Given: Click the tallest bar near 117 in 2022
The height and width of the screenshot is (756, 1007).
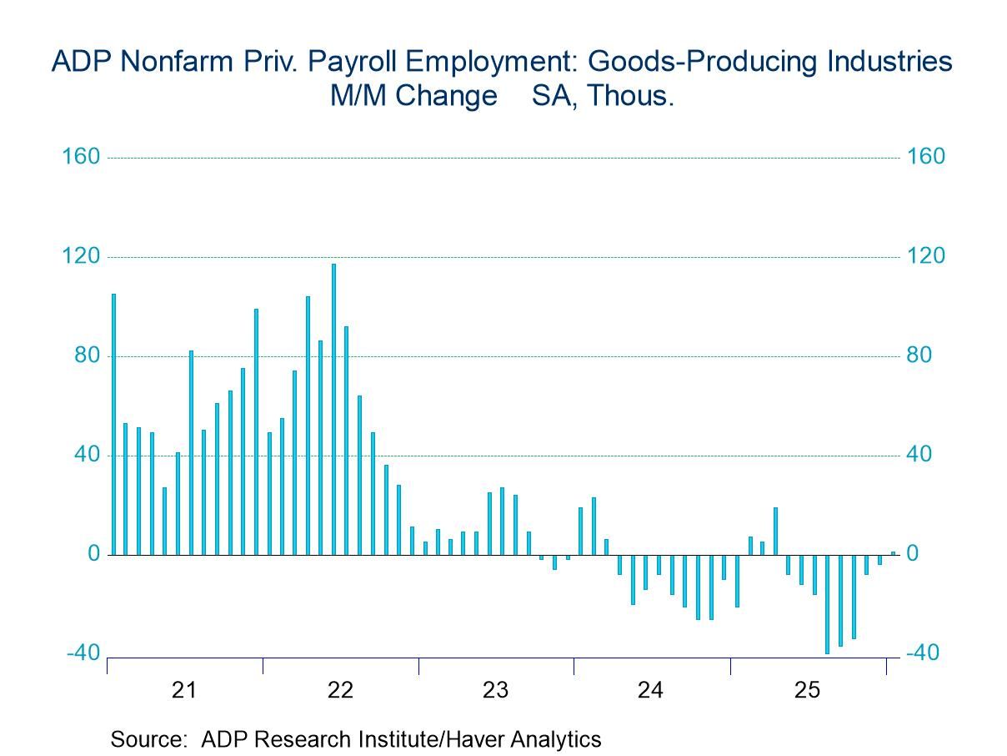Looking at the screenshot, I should tap(333, 409).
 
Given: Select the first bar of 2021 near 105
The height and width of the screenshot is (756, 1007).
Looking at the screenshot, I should tap(113, 424).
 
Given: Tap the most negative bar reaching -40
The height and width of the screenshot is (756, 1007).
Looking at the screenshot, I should tap(827, 604).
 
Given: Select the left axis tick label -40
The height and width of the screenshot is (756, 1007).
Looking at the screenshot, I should tap(82, 653).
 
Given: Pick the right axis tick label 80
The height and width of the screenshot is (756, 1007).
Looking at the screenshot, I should tap(920, 355).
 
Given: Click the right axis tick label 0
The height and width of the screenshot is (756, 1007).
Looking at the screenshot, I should tap(914, 554).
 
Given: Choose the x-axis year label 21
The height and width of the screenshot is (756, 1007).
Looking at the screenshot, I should tap(184, 690).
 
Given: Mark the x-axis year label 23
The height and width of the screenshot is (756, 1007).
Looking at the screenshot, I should tap(496, 690).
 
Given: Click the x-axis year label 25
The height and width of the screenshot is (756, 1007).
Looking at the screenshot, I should tap(807, 690).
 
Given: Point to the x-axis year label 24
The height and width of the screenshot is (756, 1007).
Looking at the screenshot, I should tap(651, 690).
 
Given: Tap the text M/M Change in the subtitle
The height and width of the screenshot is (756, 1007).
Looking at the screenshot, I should tap(413, 96).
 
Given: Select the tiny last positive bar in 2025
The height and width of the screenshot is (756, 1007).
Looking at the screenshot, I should tap(893, 552).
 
